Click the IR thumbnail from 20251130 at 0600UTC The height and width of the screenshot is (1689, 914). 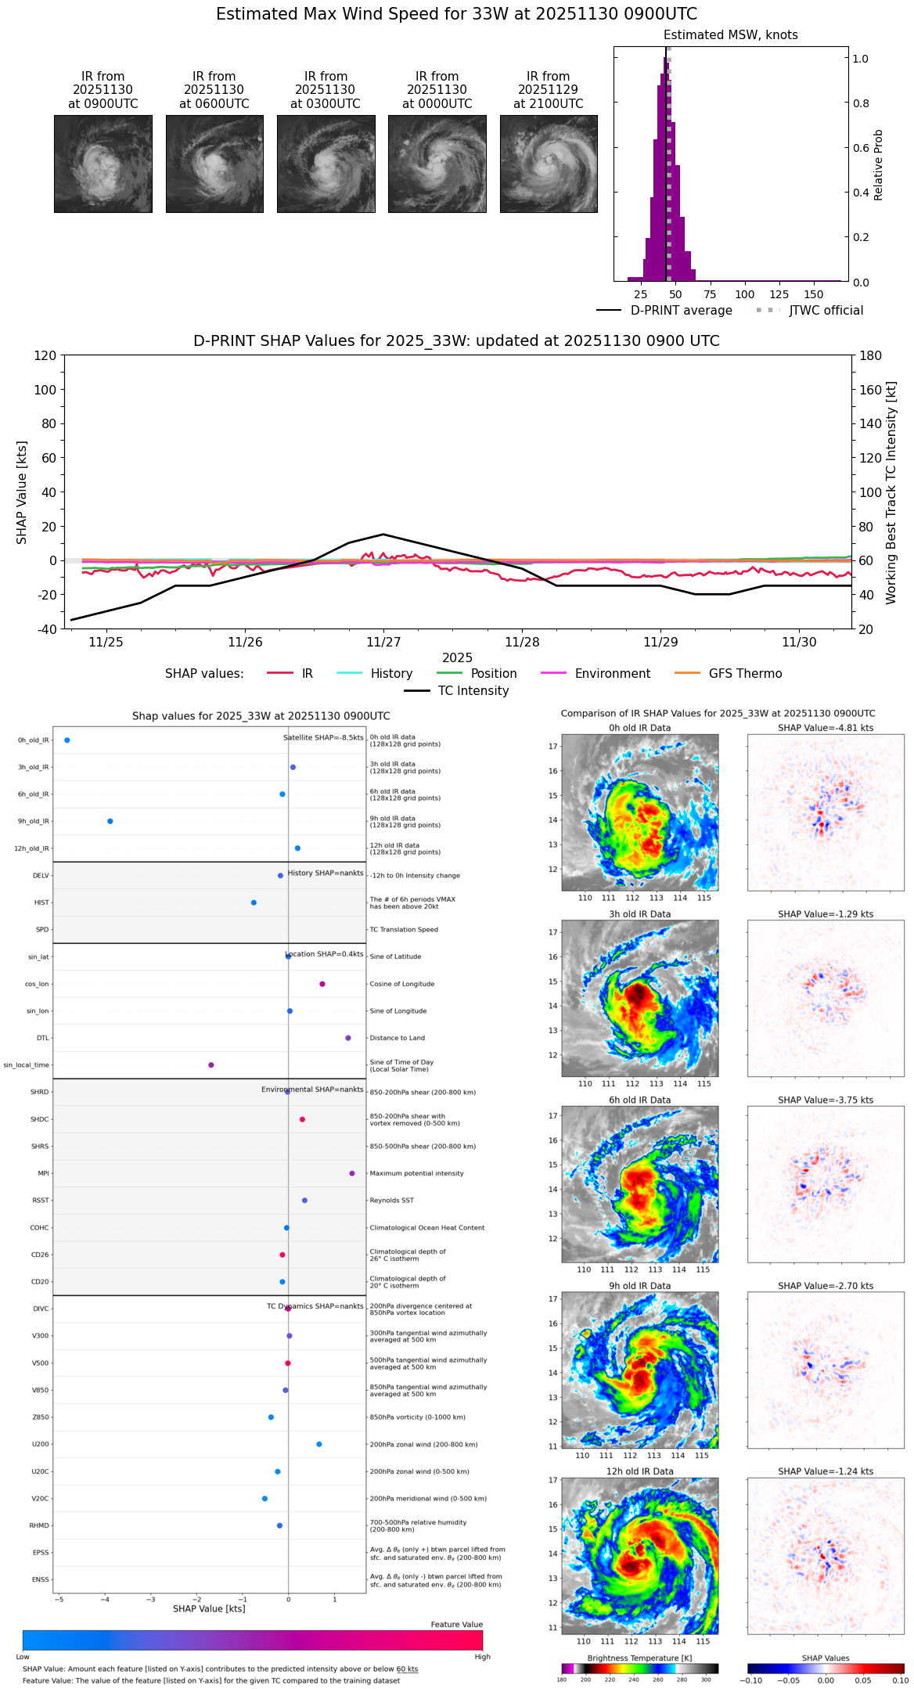tap(214, 164)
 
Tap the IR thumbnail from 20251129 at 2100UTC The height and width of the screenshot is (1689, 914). tap(549, 164)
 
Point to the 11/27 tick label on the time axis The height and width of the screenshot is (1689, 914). tap(383, 643)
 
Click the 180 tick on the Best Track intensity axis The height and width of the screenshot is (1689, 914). tap(871, 356)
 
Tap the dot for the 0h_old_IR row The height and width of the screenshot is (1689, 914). tap(67, 740)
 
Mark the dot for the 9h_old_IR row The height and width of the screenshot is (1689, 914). tap(110, 821)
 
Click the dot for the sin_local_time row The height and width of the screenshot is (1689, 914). tap(211, 1065)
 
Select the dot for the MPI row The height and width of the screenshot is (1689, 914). tap(352, 1173)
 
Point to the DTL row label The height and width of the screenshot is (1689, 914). tap(42, 1039)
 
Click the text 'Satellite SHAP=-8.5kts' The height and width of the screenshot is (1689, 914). tap(323, 738)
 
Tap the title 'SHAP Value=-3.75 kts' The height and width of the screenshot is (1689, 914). tap(826, 1100)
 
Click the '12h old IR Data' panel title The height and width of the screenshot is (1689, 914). tap(639, 1471)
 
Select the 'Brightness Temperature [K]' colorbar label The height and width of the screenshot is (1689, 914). tap(639, 1658)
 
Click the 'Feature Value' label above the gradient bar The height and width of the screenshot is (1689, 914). tap(456, 1625)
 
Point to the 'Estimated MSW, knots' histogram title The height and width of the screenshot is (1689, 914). tap(730, 35)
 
